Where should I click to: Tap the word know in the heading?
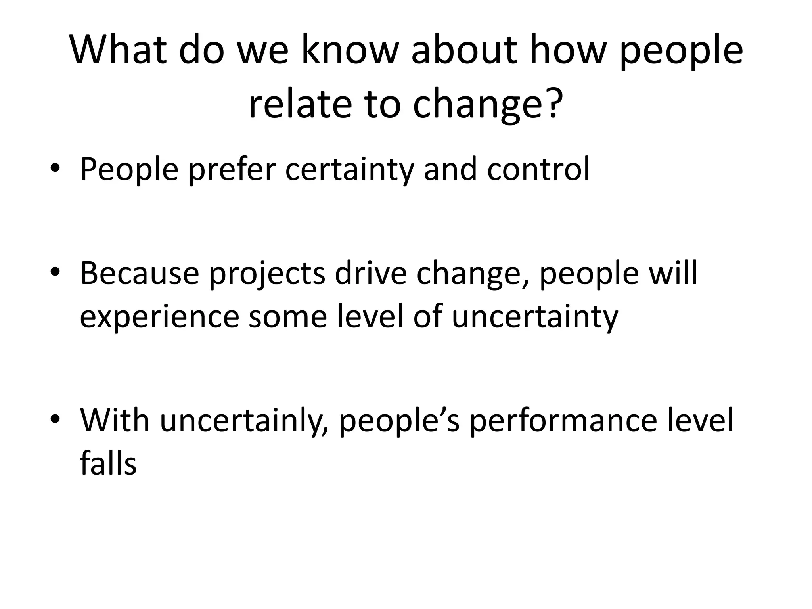pyautogui.click(x=349, y=51)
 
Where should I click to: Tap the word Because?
pyautogui.click(x=139, y=273)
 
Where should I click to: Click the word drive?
pyautogui.click(x=371, y=273)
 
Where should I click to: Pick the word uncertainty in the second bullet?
pyautogui.click(x=535, y=317)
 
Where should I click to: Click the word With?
pyautogui.click(x=115, y=420)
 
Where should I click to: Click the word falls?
pyautogui.click(x=108, y=463)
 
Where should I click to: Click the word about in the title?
pyautogui.click(x=464, y=51)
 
